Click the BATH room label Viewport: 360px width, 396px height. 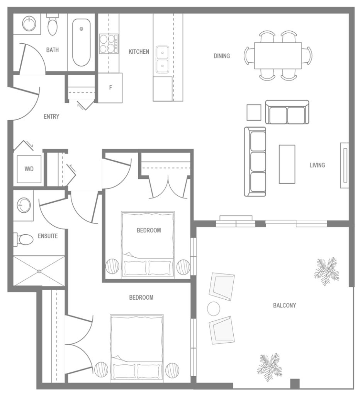pyautogui.click(x=53, y=50)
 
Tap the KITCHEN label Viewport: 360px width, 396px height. pyautogui.click(x=139, y=51)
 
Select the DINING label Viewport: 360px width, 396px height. pyautogui.click(x=222, y=56)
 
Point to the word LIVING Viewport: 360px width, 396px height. pyautogui.click(x=317, y=165)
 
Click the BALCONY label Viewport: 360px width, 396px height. pyautogui.click(x=284, y=306)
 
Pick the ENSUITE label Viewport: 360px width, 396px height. pyautogui.click(x=48, y=236)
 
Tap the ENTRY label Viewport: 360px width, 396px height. pyautogui.click(x=51, y=116)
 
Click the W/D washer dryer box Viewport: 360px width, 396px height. pyautogui.click(x=29, y=169)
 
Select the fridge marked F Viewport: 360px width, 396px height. pyautogui.click(x=110, y=88)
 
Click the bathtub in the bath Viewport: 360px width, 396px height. pyautogui.click(x=81, y=42)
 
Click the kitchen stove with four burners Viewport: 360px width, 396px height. pyautogui.click(x=109, y=43)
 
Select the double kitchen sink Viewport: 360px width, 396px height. pyautogui.click(x=162, y=59)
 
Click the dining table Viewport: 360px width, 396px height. pyautogui.click(x=278, y=56)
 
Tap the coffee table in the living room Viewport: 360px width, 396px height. pyautogui.click(x=287, y=164)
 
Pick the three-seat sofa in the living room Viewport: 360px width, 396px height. pyautogui.click(x=255, y=161)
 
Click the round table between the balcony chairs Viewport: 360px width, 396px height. pyautogui.click(x=214, y=309)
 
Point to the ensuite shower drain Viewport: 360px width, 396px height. pyautogui.click(x=39, y=271)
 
